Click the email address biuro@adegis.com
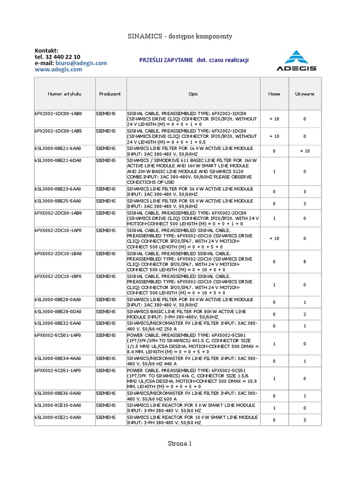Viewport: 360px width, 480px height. point(81,63)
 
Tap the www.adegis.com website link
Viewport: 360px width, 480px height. point(59,69)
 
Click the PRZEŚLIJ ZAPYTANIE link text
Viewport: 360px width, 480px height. point(166,60)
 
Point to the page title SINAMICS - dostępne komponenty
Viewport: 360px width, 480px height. point(180,36)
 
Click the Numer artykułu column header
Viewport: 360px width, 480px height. point(65,94)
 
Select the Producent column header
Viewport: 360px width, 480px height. point(110,94)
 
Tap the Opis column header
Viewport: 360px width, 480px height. point(193,94)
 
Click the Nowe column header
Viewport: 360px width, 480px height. point(274,94)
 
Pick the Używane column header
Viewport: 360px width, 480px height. point(305,94)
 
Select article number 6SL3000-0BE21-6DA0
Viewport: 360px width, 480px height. point(58,160)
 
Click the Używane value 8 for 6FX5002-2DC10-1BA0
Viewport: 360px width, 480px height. point(305,262)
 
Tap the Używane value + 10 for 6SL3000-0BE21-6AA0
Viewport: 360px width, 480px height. point(305,151)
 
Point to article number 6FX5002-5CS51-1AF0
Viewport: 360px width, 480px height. point(58,370)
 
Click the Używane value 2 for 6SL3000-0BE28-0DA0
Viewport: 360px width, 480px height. point(305,314)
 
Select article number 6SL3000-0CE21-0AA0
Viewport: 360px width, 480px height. point(58,417)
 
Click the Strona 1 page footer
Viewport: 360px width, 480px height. point(180,443)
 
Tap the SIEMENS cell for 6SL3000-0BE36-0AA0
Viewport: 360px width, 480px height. point(106,393)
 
